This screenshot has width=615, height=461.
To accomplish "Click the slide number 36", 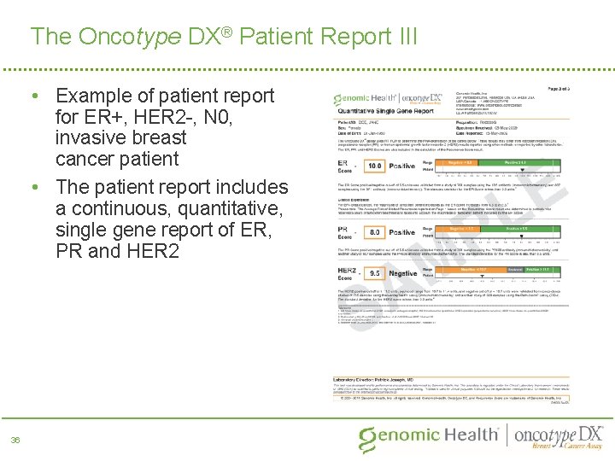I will coord(15,440).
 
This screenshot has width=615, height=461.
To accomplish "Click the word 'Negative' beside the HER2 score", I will coord(402,273).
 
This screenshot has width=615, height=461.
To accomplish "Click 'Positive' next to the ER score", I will coord(402,167).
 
